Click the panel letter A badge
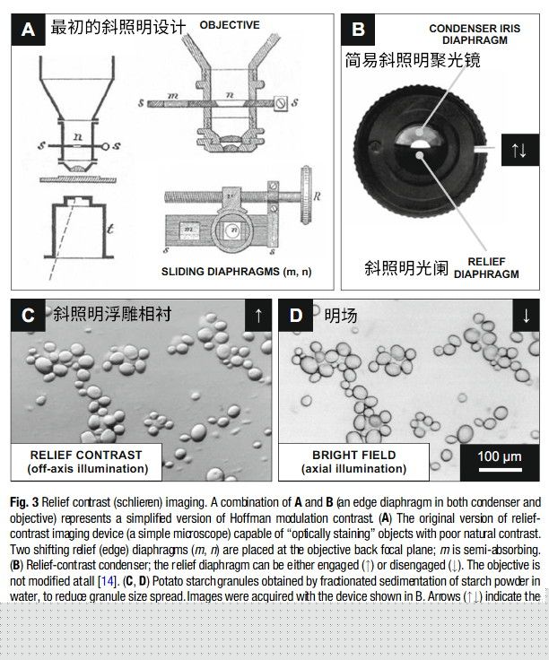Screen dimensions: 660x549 pos(29,30)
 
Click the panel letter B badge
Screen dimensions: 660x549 pos(358,30)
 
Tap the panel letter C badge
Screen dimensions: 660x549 pos(29,315)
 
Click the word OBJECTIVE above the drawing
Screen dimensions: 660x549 pos(230,25)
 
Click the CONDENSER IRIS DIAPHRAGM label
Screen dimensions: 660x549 pos(475,35)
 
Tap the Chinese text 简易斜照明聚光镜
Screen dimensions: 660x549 pos(413,60)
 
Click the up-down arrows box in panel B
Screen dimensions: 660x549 pos(518,150)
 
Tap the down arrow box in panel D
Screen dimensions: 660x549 pos(526,315)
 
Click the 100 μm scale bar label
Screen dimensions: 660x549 pos(500,456)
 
